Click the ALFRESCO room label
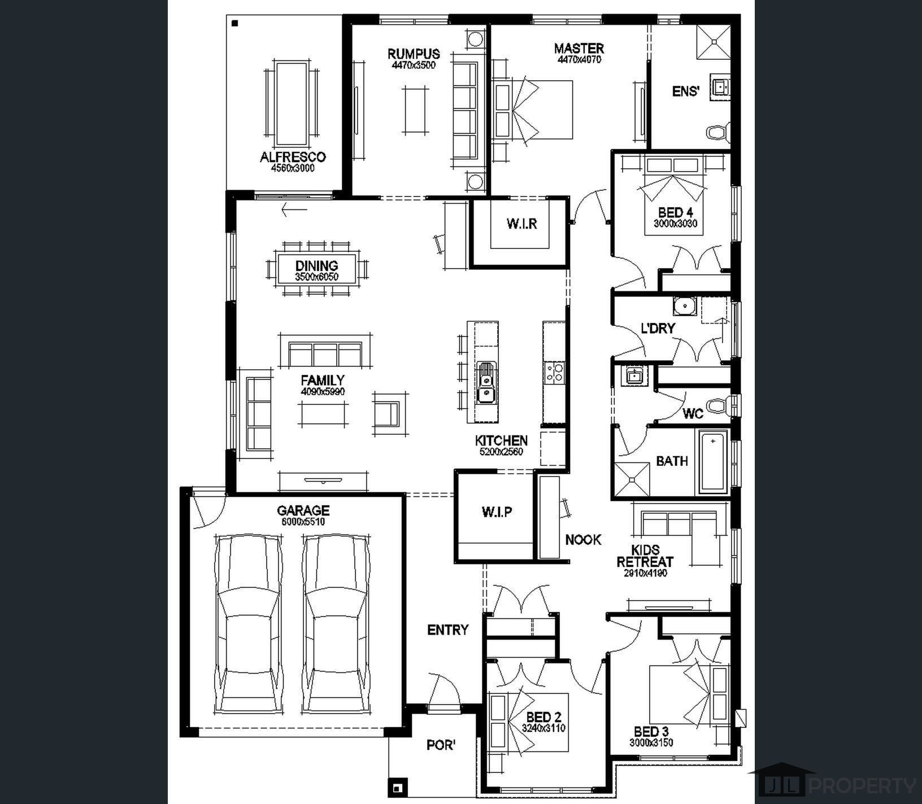click(293, 157)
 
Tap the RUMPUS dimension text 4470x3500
click(414, 65)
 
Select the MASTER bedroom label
click(579, 48)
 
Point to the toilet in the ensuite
click(718, 133)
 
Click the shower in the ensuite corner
click(713, 41)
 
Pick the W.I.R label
click(521, 224)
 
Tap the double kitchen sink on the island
click(485, 382)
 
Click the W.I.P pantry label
click(497, 512)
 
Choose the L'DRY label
click(658, 329)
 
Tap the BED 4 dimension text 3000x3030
click(676, 224)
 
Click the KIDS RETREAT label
click(645, 556)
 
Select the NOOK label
click(584, 540)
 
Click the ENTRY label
click(448, 630)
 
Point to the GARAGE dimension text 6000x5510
click(303, 522)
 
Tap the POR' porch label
click(441, 745)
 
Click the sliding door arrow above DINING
click(294, 209)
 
